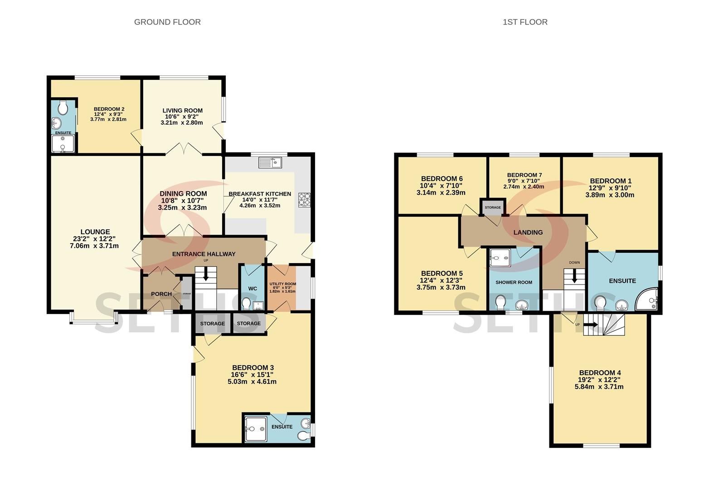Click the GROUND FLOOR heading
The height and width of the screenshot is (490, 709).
pos(167,22)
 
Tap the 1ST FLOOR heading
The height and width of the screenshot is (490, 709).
pos(525,22)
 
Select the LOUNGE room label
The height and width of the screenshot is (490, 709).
pos(95,232)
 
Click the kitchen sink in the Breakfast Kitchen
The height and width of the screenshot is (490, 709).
pos(270,163)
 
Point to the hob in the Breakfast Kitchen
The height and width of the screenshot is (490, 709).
pos(304,200)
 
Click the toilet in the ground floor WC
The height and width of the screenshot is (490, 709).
pos(246,303)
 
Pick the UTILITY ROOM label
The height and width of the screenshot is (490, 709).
pos(283,284)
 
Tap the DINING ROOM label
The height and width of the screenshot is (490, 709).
pos(183,194)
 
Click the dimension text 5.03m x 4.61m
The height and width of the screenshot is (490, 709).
pos(252,382)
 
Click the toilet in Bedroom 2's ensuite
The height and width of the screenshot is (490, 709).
pos(63,108)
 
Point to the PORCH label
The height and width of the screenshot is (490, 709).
pos(161,294)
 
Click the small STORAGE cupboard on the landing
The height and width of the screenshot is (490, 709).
pos(493,207)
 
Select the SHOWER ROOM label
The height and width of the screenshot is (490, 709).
pos(514,282)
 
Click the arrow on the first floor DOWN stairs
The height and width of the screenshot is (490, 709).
pos(574,276)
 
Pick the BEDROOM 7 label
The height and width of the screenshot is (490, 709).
pos(524,175)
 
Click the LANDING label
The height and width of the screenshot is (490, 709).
pos(528,232)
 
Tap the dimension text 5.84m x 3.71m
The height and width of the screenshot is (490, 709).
pos(599,387)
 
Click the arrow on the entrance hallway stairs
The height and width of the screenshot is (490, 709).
pos(206,274)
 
